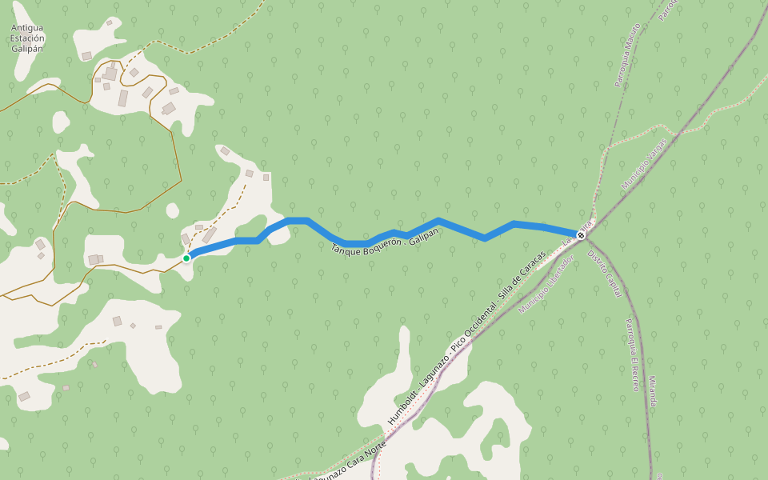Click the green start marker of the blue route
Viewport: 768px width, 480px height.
tap(186, 258)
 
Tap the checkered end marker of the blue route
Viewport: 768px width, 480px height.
tap(582, 235)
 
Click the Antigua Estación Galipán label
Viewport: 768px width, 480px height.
tap(27, 38)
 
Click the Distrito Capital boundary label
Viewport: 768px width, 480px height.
tap(605, 274)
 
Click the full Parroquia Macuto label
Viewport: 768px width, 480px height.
tap(627, 56)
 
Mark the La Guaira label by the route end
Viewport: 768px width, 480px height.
tap(577, 232)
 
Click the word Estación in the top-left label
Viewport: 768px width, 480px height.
tap(27, 38)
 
